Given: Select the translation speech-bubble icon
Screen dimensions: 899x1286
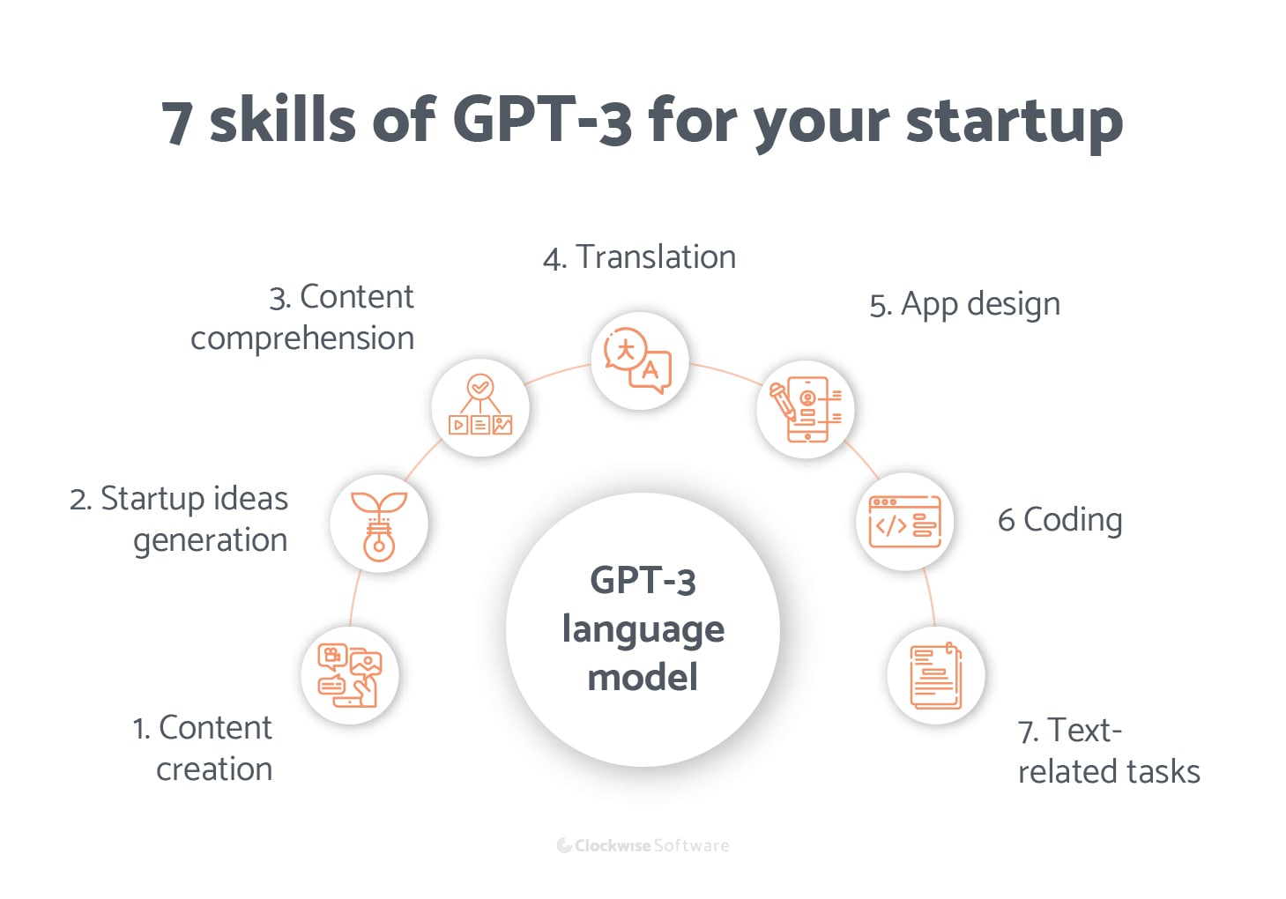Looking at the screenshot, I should (x=638, y=360).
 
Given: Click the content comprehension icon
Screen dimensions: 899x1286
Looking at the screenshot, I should (x=480, y=406).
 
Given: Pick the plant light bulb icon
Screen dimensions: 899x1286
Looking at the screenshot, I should (x=379, y=524).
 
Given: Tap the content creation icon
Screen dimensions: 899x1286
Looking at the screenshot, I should (x=350, y=676).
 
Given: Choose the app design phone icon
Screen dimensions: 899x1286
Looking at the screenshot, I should (x=806, y=409).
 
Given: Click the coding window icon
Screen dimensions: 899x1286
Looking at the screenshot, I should (x=905, y=521).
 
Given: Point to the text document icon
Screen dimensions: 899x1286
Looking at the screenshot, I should (x=935, y=676).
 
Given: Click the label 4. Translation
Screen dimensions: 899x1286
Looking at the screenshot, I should (x=639, y=257).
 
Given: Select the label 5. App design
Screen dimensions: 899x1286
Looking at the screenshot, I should (x=964, y=304).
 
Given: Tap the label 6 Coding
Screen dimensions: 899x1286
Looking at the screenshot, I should (x=1059, y=520).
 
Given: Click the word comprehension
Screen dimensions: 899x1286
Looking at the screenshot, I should (x=302, y=338).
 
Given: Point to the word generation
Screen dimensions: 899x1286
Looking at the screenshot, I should (x=210, y=540).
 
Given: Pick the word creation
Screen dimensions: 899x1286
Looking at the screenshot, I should (x=214, y=769).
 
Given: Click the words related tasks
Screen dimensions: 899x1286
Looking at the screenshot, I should (x=1109, y=772).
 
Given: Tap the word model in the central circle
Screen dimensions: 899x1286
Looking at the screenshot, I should (x=643, y=678).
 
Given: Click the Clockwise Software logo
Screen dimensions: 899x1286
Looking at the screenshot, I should (x=643, y=845).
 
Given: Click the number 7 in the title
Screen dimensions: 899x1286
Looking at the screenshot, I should (x=177, y=123).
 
